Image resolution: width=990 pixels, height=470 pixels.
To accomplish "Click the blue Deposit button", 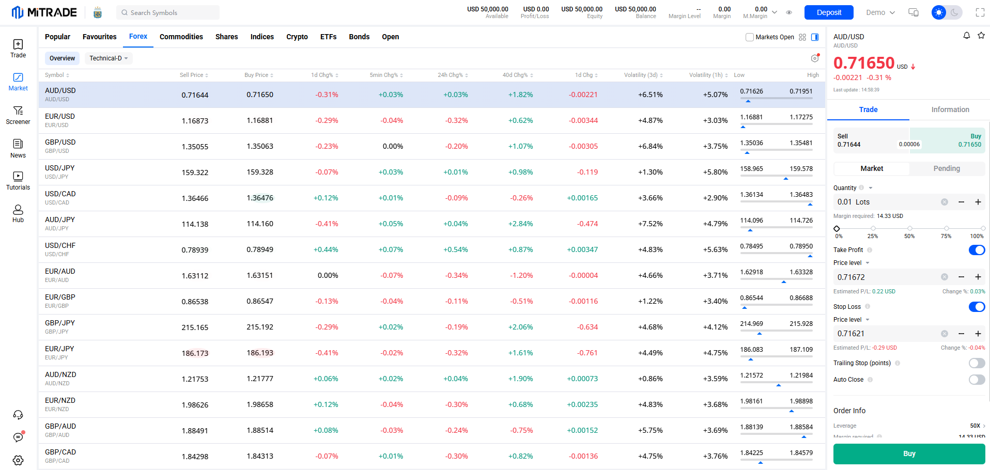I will [x=828, y=12].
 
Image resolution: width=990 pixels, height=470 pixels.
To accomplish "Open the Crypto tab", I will [x=297, y=37].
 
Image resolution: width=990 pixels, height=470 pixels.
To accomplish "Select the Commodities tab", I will [x=181, y=37].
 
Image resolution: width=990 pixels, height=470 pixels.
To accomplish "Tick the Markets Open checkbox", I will [x=750, y=37].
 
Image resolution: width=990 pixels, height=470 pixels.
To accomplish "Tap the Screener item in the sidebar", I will [x=18, y=115].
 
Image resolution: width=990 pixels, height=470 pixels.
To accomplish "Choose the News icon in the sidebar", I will [x=18, y=148].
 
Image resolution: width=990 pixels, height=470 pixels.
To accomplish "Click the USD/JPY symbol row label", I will [x=60, y=168].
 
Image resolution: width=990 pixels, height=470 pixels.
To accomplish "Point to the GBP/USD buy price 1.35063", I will [x=260, y=146].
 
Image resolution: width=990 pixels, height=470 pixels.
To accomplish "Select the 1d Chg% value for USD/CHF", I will [x=326, y=249].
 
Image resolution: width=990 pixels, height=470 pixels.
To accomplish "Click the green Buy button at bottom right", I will [x=909, y=453].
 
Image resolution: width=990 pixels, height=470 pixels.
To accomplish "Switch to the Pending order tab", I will [x=947, y=168].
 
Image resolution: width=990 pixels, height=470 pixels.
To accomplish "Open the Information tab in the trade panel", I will [x=950, y=109].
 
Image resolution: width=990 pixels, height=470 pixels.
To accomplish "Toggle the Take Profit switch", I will [x=977, y=250].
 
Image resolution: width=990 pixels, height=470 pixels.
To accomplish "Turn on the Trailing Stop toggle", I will [x=977, y=363].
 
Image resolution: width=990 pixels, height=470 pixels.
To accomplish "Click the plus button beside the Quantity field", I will [x=978, y=202].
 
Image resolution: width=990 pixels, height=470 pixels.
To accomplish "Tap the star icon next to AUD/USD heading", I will [x=981, y=36].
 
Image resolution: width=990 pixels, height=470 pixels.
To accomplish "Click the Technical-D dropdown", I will [x=109, y=58].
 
